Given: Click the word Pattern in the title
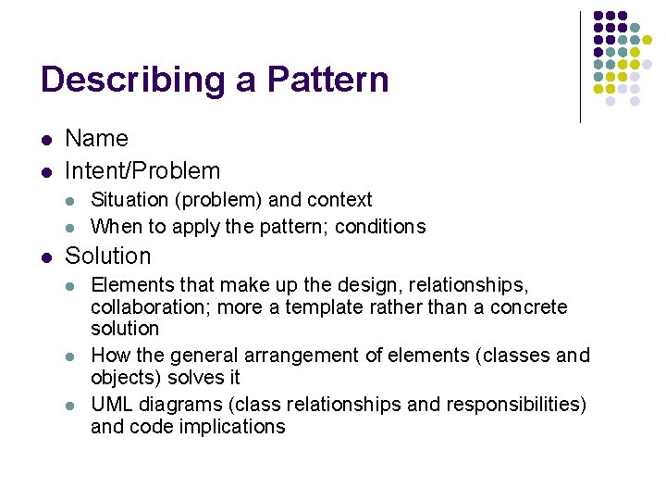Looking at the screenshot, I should pyautogui.click(x=327, y=80).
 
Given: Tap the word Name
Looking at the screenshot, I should pyautogui.click(x=96, y=139).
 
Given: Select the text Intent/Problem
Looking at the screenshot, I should pyautogui.click(x=142, y=170).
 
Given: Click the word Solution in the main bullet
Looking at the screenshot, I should pyautogui.click(x=107, y=256).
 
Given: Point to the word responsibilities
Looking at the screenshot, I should pyautogui.click(x=514, y=405).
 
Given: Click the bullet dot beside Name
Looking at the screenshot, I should pyautogui.click(x=46, y=140).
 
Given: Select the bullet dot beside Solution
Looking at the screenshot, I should pyautogui.click(x=46, y=256).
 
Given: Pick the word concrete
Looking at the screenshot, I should pyautogui.click(x=532, y=306).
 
